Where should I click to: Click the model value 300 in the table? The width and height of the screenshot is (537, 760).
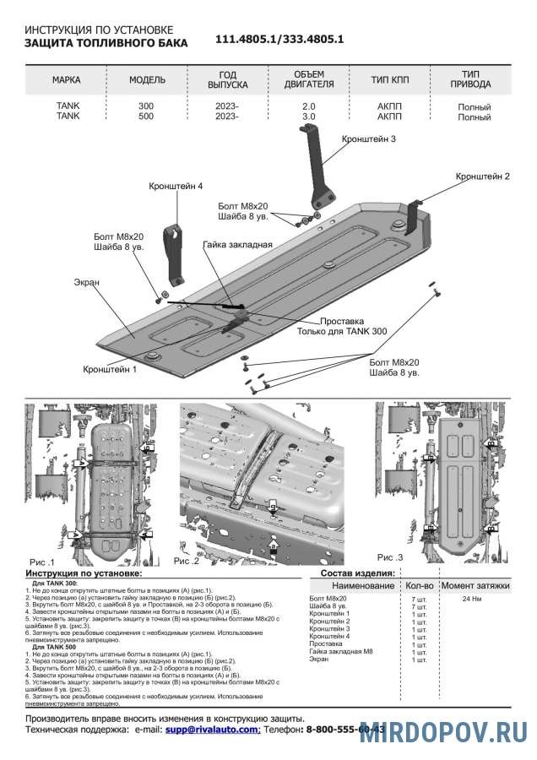[x=146, y=106]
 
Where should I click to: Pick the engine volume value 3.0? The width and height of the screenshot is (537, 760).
[x=308, y=117]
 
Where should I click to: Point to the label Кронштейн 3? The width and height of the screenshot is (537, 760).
[x=369, y=138]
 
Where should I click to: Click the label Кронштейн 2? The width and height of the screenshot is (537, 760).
[x=482, y=176]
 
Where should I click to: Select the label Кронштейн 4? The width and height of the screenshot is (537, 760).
[x=176, y=185]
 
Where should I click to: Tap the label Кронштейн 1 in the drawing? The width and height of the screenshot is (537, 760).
[x=110, y=369]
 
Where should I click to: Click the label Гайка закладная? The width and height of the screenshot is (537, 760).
[x=237, y=245]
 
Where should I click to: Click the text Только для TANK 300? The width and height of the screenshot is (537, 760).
[x=341, y=332]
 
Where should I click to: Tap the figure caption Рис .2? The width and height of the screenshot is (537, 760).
[x=186, y=561]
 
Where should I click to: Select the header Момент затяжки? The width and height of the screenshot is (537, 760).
[x=475, y=585]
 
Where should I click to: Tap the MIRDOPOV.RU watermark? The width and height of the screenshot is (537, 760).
[x=443, y=732]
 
